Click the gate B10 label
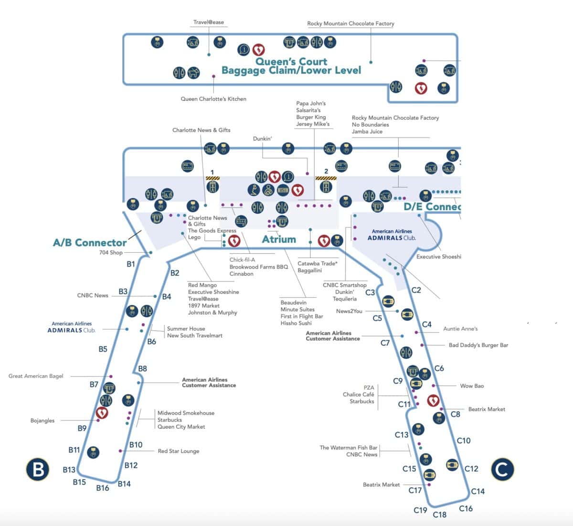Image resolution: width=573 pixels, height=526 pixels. pyautogui.click(x=136, y=445)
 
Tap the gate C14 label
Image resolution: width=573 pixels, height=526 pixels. pyautogui.click(x=477, y=491)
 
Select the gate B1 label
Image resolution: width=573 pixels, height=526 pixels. pyautogui.click(x=131, y=264)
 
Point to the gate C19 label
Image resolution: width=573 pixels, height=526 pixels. pyautogui.click(x=420, y=510)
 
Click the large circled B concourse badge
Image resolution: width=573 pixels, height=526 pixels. pyautogui.click(x=38, y=469)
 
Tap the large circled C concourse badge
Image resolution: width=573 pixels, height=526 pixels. pyautogui.click(x=502, y=470)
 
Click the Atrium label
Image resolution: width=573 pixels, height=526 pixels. pyautogui.click(x=279, y=239)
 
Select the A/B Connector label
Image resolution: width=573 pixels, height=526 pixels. pyautogui.click(x=90, y=242)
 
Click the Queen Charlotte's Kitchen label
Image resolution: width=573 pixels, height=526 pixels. pyautogui.click(x=213, y=99)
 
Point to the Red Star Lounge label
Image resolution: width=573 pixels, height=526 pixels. pyautogui.click(x=178, y=451)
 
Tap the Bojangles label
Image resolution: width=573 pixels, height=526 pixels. pyautogui.click(x=42, y=420)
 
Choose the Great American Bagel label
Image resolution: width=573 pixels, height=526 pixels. pyautogui.click(x=36, y=376)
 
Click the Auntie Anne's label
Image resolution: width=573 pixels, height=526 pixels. pyautogui.click(x=460, y=329)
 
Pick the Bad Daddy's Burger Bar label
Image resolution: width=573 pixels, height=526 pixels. pyautogui.click(x=478, y=345)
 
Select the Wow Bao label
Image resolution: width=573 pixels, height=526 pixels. pyautogui.click(x=472, y=386)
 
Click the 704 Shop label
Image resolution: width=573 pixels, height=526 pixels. pyautogui.click(x=111, y=252)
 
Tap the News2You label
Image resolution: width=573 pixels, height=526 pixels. pyautogui.click(x=349, y=311)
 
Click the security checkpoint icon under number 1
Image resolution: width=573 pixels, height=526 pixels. pyautogui.click(x=212, y=185)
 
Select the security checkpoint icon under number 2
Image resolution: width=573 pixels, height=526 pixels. pyautogui.click(x=326, y=185)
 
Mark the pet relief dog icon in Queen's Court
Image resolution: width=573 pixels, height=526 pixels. pyautogui.click(x=193, y=73)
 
